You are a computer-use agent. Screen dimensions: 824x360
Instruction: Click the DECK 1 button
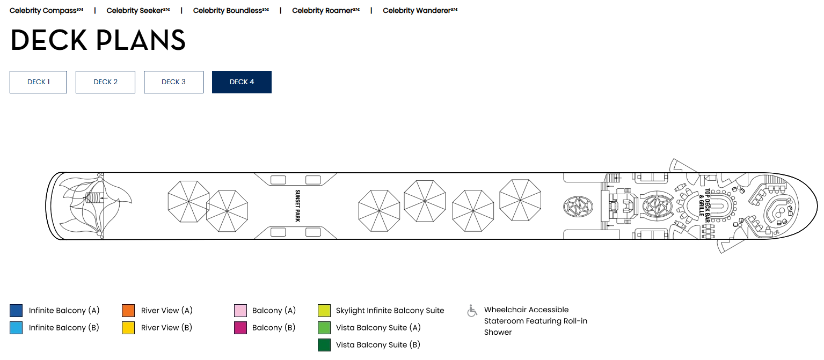pyautogui.click(x=38, y=82)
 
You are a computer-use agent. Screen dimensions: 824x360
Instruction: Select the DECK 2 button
pyautogui.click(x=105, y=82)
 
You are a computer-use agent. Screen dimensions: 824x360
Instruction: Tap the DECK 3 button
pyautogui.click(x=173, y=82)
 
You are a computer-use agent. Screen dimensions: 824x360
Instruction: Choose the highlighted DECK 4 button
pyautogui.click(x=242, y=82)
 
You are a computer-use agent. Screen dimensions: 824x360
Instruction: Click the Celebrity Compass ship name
pyautogui.click(x=46, y=11)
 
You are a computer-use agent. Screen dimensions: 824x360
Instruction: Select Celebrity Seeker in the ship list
pyautogui.click(x=138, y=11)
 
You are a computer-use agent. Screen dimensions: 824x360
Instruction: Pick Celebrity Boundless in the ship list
pyautogui.click(x=231, y=11)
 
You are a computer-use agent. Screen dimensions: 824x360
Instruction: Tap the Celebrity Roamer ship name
pyautogui.click(x=326, y=11)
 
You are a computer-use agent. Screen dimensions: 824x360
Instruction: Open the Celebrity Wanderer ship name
pyautogui.click(x=420, y=11)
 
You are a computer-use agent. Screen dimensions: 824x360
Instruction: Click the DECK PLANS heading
pyautogui.click(x=98, y=40)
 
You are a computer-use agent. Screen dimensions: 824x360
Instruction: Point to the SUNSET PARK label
pyautogui.click(x=297, y=206)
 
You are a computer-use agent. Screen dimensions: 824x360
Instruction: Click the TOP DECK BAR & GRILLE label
pyautogui.click(x=704, y=206)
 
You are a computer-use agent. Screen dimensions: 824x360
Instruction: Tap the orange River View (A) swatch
pyautogui.click(x=128, y=310)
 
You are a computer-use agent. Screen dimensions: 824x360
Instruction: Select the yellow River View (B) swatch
pyautogui.click(x=128, y=328)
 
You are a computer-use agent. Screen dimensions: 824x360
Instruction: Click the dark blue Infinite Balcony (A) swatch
pyautogui.click(x=16, y=310)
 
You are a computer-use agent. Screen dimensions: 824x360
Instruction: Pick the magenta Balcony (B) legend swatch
pyautogui.click(x=240, y=328)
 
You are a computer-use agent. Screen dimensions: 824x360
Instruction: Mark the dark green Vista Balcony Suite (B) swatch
pyautogui.click(x=324, y=345)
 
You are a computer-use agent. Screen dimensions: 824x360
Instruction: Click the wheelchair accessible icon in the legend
pyautogui.click(x=472, y=311)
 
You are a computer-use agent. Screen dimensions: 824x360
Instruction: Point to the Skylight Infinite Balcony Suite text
pyautogui.click(x=390, y=311)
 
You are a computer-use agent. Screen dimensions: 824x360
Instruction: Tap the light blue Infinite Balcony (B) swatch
pyautogui.click(x=16, y=328)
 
